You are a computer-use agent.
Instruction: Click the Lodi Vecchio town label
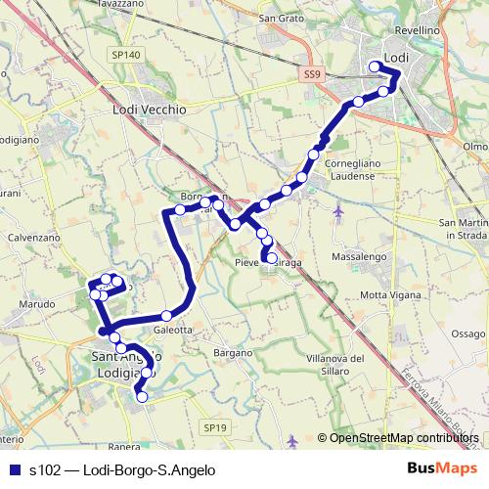(150, 111)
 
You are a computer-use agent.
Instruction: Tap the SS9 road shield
(311, 74)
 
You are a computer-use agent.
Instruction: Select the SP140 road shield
(127, 55)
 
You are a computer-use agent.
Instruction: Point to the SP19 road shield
(216, 427)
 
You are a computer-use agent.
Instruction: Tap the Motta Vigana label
(388, 294)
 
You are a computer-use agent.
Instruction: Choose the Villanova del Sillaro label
(334, 366)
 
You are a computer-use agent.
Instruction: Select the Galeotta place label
(172, 331)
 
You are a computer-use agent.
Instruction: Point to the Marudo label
(36, 304)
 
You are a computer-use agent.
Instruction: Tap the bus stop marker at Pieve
(272, 259)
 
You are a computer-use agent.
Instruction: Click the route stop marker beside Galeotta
(166, 316)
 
